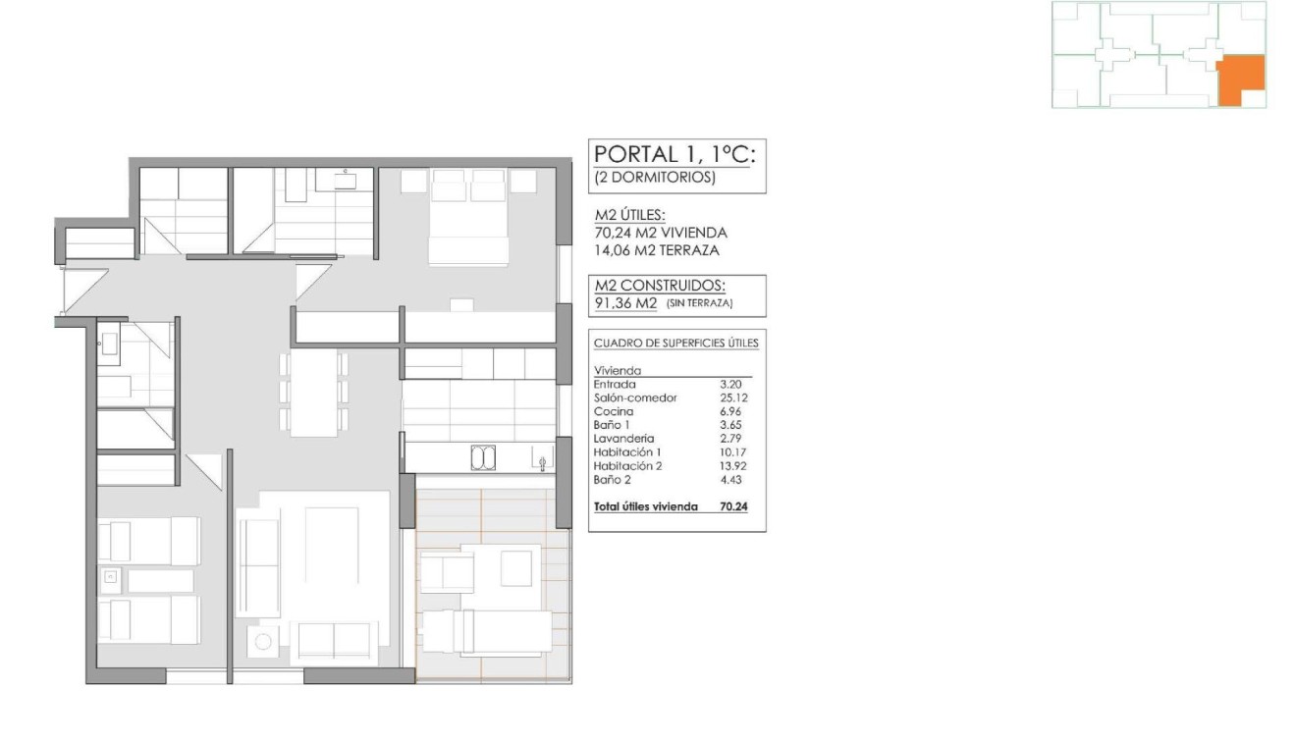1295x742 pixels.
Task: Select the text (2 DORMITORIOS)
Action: tap(655, 179)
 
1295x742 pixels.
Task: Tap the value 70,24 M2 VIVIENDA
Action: tap(660, 233)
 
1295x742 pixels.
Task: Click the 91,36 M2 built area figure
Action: tap(625, 303)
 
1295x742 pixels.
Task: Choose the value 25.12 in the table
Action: tap(732, 397)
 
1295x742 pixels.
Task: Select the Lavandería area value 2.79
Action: tap(732, 439)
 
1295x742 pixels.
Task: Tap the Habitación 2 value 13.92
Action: tap(732, 466)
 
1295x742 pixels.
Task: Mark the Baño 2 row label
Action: tap(612, 480)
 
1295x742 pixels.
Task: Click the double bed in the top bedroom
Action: tap(468, 221)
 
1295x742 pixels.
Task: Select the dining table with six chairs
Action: tap(313, 392)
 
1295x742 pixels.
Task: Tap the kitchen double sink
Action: tap(483, 457)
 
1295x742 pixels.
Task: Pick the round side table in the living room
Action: tap(263, 642)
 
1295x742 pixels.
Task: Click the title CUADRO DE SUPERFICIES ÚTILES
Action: tap(675, 343)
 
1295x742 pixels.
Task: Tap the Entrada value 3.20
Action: tap(732, 384)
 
